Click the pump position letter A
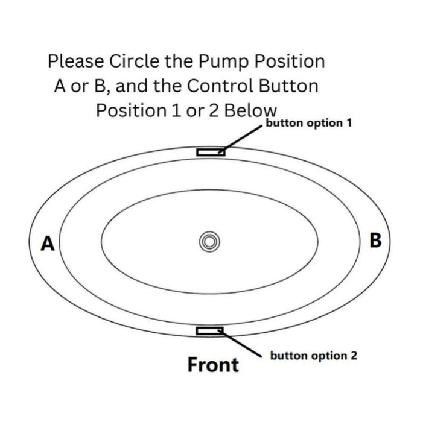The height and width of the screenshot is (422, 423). point(48,244)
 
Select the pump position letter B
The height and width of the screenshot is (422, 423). point(375,240)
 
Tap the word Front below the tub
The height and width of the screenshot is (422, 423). point(213,365)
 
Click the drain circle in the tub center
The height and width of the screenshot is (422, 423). point(209,242)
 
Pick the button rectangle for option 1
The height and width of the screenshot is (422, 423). point(211,153)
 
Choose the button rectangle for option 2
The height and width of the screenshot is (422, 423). point(209,330)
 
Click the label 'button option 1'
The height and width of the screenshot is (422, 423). point(309,123)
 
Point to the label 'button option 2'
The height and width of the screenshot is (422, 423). point(313,356)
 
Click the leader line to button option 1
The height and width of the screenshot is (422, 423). point(241,139)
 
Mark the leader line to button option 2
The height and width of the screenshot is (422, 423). point(240,344)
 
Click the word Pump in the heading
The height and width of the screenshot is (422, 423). point(223,61)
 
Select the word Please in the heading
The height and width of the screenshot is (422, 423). point(76,61)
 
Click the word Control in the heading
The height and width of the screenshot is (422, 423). point(220,86)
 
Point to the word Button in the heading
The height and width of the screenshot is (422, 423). point(288,86)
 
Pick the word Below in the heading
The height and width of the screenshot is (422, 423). point(250,110)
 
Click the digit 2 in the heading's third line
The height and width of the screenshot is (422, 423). point(214,111)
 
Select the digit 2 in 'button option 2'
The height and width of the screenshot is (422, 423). point(354,355)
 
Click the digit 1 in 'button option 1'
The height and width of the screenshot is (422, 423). point(349,122)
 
